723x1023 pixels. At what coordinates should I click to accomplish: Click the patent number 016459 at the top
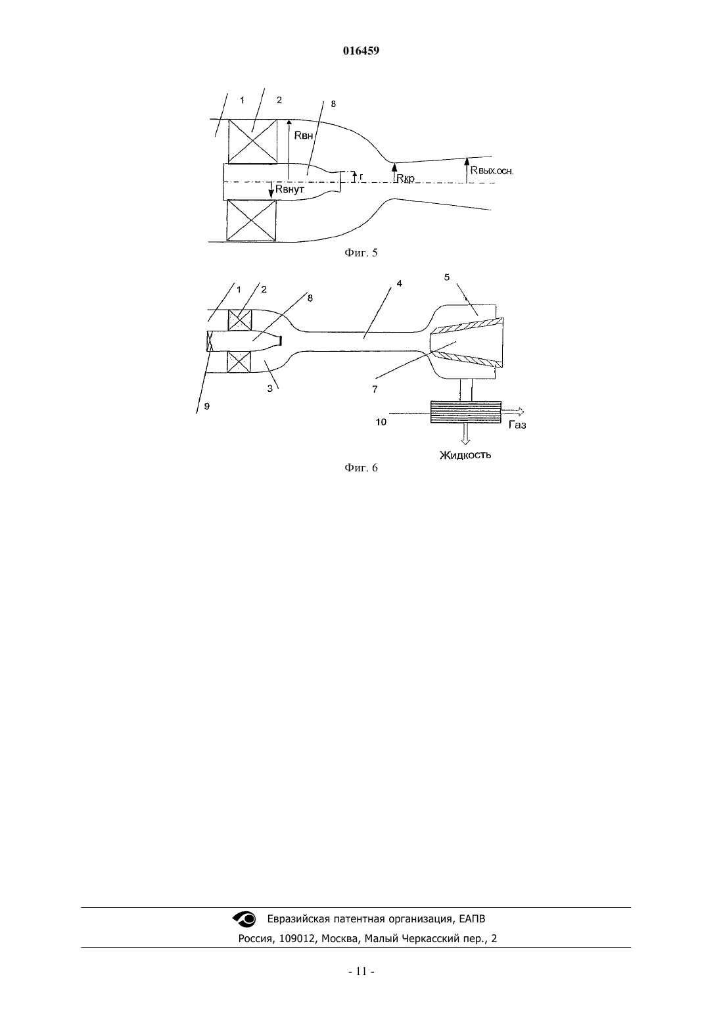(361, 51)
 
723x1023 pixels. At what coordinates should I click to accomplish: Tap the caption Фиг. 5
(361, 253)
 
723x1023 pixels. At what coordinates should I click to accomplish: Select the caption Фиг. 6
(361, 468)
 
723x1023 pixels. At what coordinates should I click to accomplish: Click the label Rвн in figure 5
(304, 135)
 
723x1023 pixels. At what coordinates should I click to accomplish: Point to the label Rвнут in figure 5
(289, 189)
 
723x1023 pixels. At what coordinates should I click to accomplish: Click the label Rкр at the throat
(406, 179)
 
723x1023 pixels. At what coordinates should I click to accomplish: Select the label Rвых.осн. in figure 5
(492, 171)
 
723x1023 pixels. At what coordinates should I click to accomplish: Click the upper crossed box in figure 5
(252, 141)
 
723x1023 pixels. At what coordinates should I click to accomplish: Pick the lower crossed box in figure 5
(252, 220)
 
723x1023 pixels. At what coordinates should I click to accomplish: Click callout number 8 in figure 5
(333, 104)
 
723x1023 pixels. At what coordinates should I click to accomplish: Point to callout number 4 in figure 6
(400, 283)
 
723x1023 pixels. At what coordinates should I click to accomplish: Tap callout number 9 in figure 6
(207, 406)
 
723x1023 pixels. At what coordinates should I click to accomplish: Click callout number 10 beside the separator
(381, 422)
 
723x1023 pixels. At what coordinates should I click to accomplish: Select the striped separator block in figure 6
(465, 412)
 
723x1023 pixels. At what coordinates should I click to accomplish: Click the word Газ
(518, 425)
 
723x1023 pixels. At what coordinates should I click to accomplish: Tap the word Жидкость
(465, 455)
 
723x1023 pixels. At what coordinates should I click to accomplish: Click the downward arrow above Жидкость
(465, 434)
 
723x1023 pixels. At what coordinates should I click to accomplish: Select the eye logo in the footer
(245, 919)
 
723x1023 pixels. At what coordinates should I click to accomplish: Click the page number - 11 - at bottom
(361, 972)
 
